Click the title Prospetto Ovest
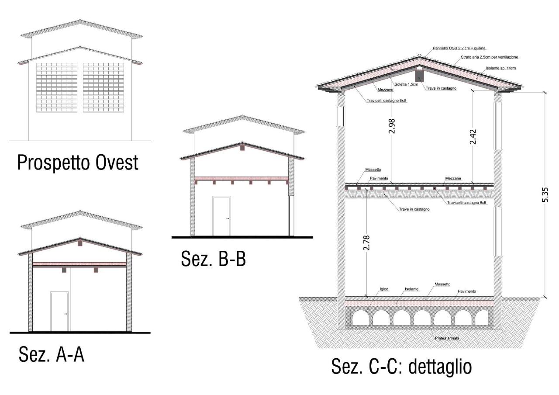coord(78,162)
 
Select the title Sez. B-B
coord(214,259)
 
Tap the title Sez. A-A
coord(52,354)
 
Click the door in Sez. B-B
coord(221,216)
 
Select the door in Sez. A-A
coord(59,312)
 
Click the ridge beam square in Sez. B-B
coord(242,148)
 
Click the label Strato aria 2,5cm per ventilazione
coord(489,57)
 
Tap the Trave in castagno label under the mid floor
coord(414,209)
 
